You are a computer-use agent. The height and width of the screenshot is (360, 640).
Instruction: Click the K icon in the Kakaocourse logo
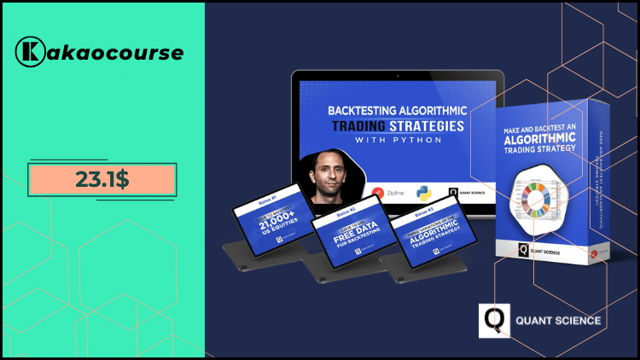click(30, 52)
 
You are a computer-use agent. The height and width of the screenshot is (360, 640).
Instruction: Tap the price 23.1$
click(102, 180)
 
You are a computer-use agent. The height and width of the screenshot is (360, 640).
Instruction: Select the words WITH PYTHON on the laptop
click(397, 141)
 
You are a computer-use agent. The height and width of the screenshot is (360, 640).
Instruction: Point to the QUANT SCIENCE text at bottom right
click(558, 321)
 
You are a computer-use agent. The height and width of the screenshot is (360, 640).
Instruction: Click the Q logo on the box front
click(523, 249)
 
